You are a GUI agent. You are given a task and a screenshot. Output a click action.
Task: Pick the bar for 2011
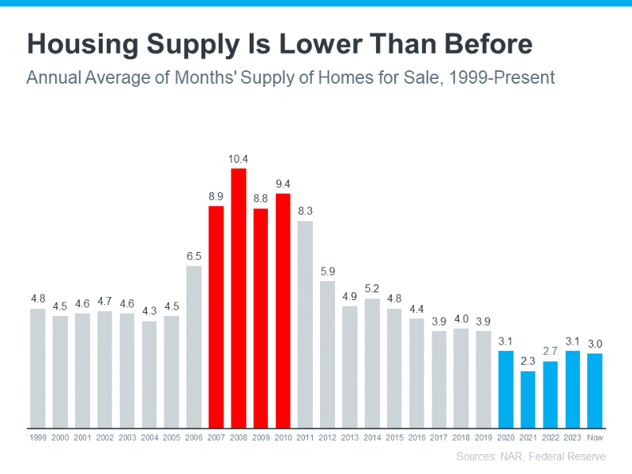tap(305, 324)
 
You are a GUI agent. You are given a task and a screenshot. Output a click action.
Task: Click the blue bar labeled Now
tap(595, 389)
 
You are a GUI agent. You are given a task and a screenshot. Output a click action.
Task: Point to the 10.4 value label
tap(238, 160)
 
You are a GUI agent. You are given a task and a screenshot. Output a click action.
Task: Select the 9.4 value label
tap(283, 184)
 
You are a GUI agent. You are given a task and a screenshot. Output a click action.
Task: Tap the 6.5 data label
tap(194, 256)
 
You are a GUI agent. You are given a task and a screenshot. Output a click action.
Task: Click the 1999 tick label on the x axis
tap(37, 436)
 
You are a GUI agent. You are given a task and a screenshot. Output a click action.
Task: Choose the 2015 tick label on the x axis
tap(394, 436)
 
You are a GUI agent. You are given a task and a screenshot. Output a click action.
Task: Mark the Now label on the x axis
tap(595, 436)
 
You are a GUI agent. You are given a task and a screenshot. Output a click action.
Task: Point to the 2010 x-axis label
tap(283, 436)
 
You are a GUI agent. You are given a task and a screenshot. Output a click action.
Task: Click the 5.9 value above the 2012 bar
tap(327, 271)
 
